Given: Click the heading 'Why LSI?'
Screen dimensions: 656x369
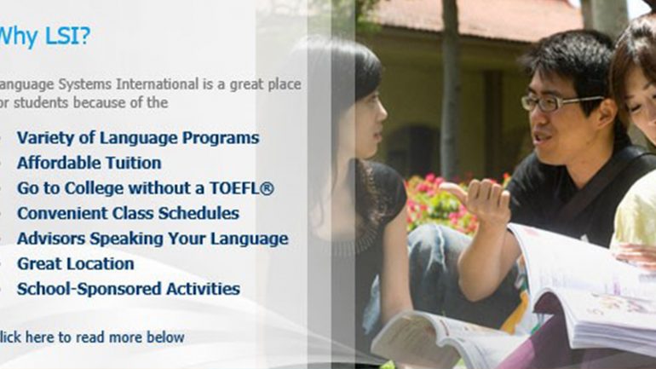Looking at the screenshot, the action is (44, 37).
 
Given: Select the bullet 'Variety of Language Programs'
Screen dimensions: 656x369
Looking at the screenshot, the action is (138, 138).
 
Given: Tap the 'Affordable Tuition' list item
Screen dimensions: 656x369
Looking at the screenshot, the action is (89, 163).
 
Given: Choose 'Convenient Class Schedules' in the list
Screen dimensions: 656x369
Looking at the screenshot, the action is (128, 213).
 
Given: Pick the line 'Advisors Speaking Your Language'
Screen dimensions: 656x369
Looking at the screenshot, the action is (152, 239).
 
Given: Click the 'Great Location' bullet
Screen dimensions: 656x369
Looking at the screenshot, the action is (76, 264).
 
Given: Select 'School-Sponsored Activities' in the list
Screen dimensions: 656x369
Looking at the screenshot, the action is (129, 289).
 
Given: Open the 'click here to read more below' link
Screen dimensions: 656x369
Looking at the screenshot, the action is (92, 337).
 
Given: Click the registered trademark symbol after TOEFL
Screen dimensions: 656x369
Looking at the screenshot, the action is (268, 188).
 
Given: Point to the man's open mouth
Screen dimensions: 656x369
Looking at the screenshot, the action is (543, 138).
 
